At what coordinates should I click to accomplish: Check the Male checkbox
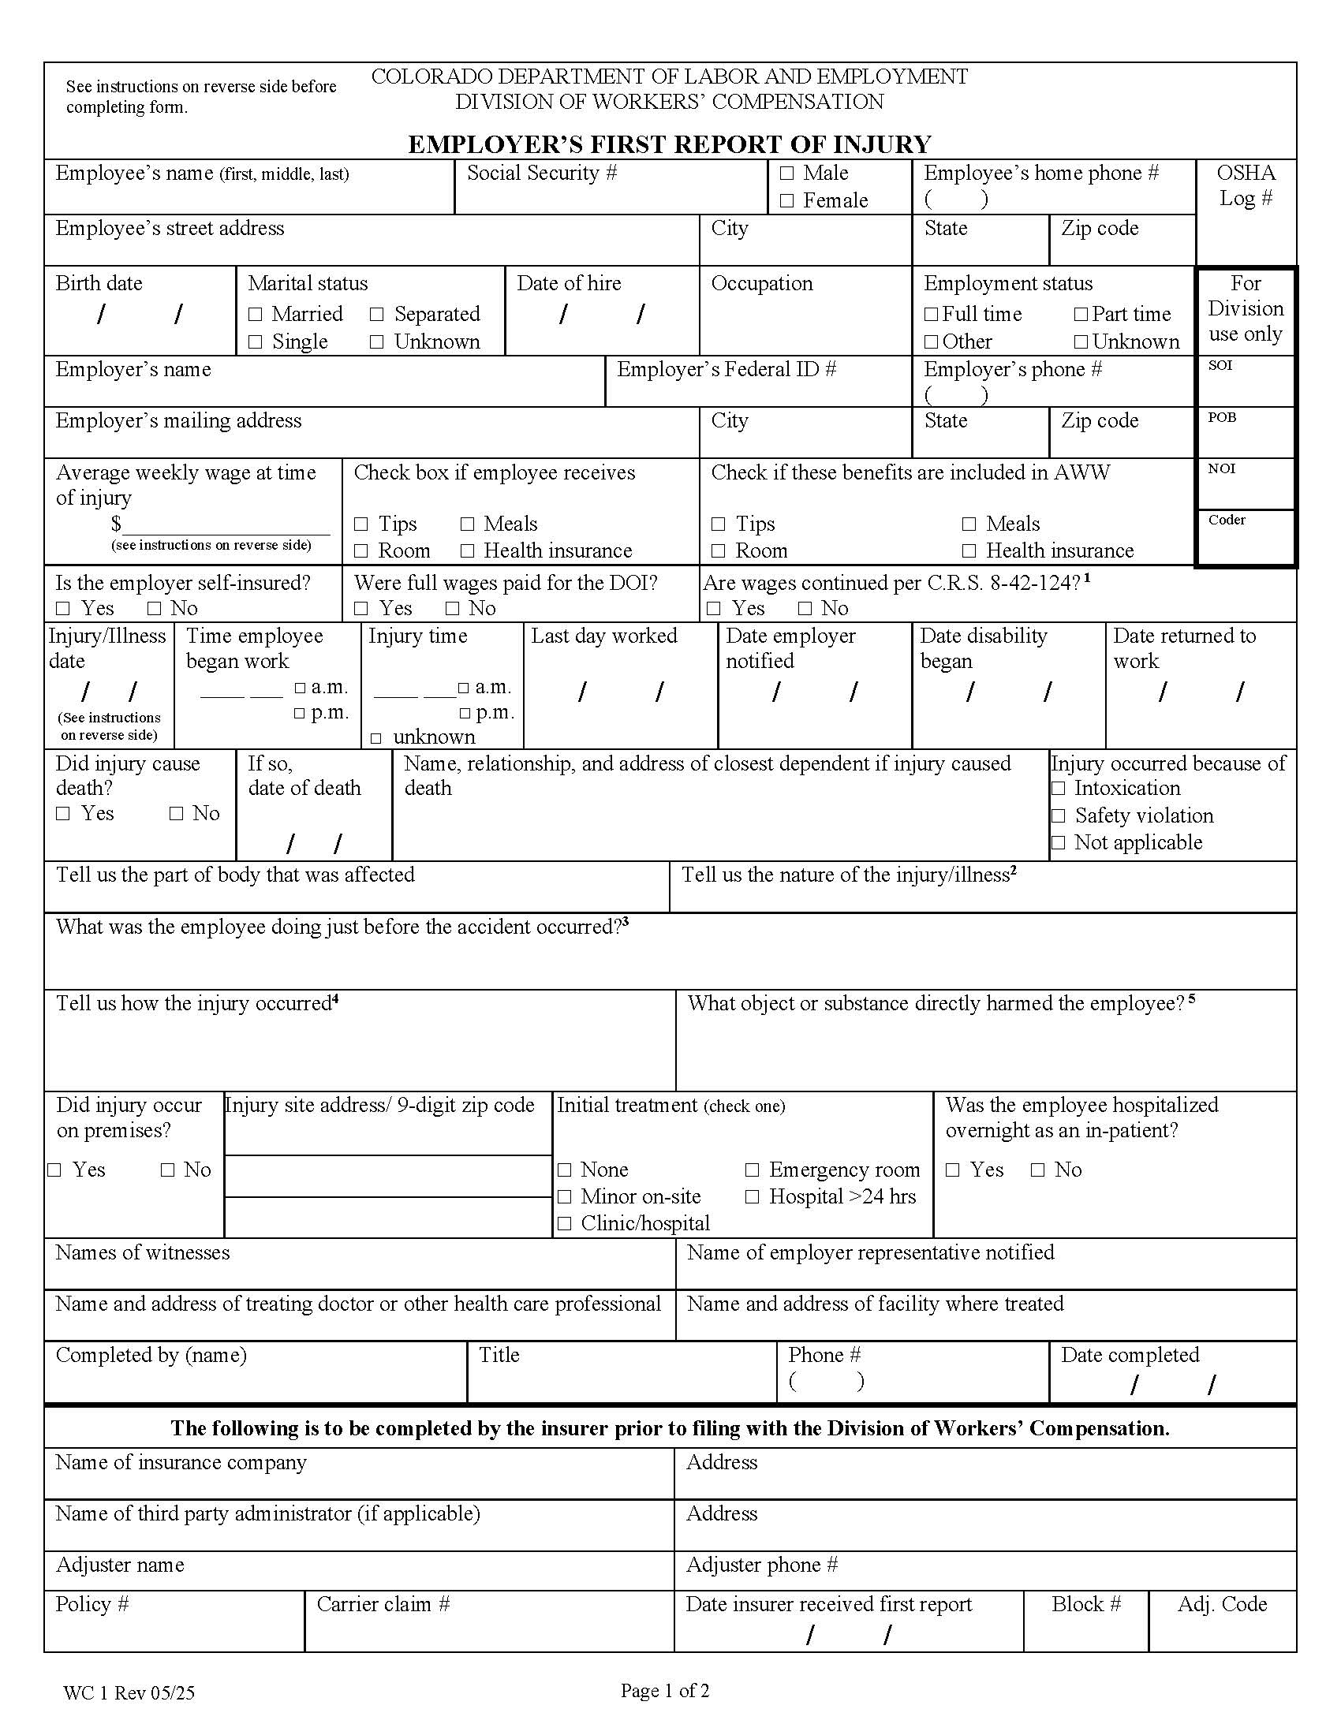click(786, 173)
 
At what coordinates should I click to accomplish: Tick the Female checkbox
click(786, 201)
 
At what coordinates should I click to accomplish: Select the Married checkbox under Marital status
click(255, 315)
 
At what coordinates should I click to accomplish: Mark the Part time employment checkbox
click(1081, 315)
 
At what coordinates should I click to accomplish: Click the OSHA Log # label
click(1246, 185)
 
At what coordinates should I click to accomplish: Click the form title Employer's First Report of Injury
click(669, 144)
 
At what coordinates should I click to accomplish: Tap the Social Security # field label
click(542, 173)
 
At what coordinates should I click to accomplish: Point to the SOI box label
click(1220, 365)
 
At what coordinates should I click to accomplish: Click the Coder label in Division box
click(1227, 520)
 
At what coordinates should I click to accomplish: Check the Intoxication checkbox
click(1058, 789)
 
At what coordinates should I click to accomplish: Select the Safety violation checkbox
click(1058, 816)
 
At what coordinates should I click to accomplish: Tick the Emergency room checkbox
click(752, 1170)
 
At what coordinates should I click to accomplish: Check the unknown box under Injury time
click(375, 738)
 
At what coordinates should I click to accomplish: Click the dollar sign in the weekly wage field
click(116, 524)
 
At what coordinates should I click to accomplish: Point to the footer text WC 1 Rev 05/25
click(129, 1693)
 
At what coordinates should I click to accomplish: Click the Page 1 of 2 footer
click(665, 1691)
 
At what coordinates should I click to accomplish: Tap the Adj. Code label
click(1222, 1604)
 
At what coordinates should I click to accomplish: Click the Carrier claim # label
click(383, 1604)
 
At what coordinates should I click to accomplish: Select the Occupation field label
click(762, 284)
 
